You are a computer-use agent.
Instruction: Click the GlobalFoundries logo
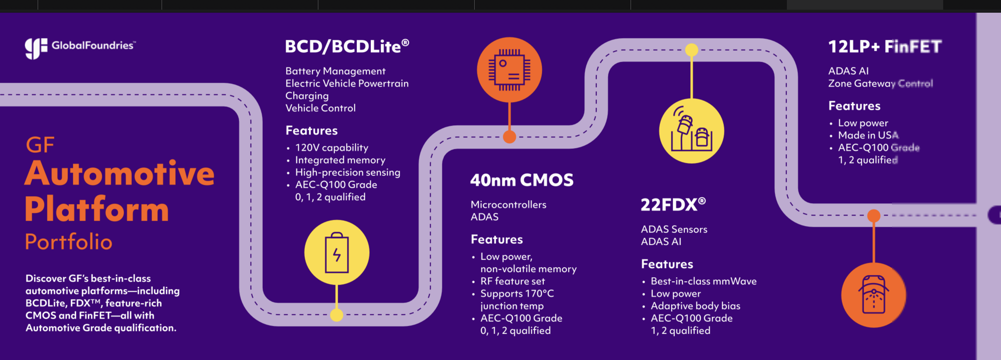pyautogui.click(x=80, y=47)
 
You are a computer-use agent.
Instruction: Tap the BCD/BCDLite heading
pyautogui.click(x=347, y=46)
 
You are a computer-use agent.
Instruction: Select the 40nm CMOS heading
pyautogui.click(x=522, y=180)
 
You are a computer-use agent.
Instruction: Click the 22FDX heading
pyautogui.click(x=673, y=205)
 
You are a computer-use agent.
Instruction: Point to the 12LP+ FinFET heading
pyautogui.click(x=885, y=46)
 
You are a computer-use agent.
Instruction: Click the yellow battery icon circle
pyautogui.click(x=337, y=253)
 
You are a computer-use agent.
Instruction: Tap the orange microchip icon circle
pyautogui.click(x=509, y=70)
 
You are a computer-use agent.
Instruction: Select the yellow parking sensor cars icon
pyautogui.click(x=691, y=131)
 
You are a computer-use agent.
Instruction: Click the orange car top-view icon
pyautogui.click(x=874, y=295)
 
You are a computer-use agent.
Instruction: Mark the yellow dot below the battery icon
pyautogui.click(x=336, y=315)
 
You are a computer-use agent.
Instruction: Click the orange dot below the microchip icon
pyautogui.click(x=509, y=137)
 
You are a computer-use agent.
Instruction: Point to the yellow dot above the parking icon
pyautogui.click(x=691, y=50)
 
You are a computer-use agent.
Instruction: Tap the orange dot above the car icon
pyautogui.click(x=874, y=215)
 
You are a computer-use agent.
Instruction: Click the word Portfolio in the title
pyautogui.click(x=69, y=242)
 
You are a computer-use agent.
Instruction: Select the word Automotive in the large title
pyautogui.click(x=120, y=173)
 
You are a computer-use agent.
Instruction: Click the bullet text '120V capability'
pyautogui.click(x=331, y=148)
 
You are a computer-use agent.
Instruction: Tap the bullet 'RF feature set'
pyautogui.click(x=512, y=281)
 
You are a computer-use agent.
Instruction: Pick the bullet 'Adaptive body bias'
pyautogui.click(x=695, y=306)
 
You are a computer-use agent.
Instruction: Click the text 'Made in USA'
pyautogui.click(x=868, y=135)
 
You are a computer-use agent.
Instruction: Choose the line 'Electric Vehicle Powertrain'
pyautogui.click(x=347, y=83)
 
